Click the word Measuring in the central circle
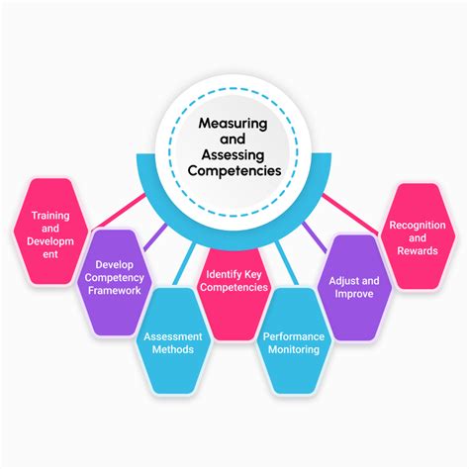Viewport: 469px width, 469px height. tap(234, 127)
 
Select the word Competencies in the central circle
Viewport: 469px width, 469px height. tap(234, 169)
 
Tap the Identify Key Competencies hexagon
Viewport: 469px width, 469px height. tap(234, 280)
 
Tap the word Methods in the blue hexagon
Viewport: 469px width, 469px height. tap(173, 350)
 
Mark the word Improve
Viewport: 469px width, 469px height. tap(351, 295)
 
